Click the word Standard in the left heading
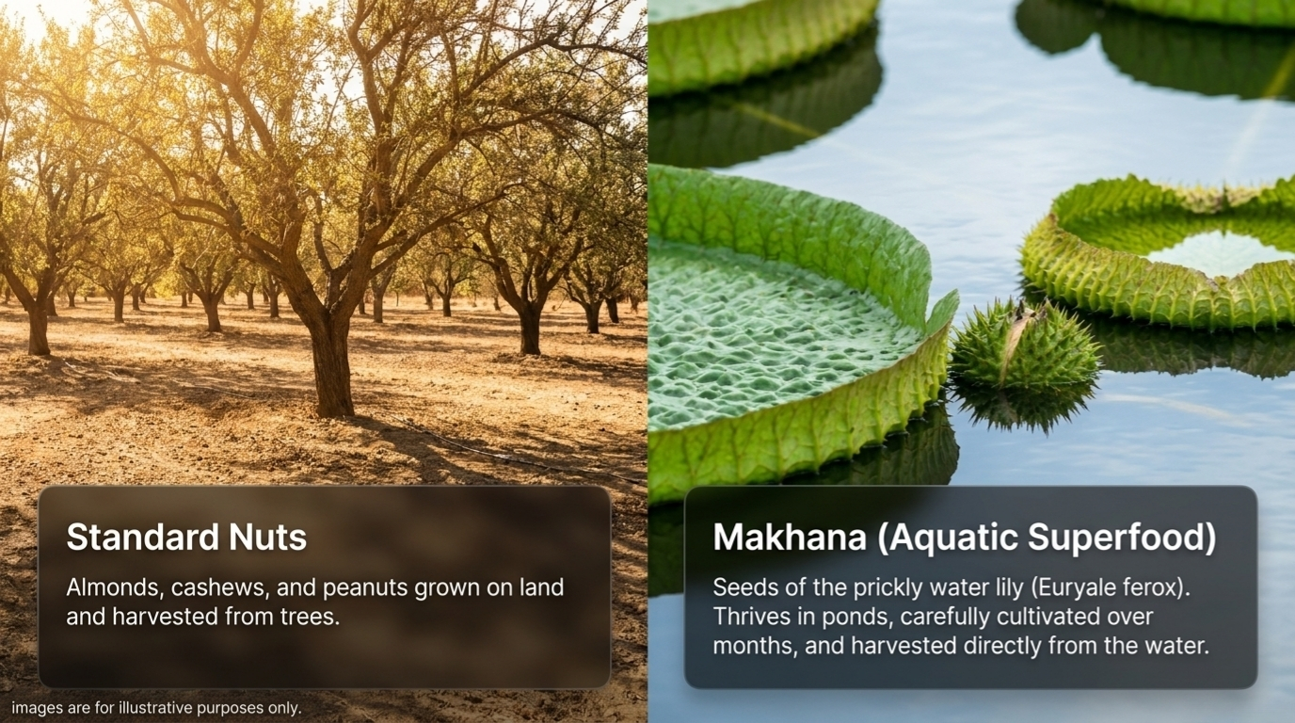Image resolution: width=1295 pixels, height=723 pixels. [143, 537]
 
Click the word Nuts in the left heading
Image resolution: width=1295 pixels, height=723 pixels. [267, 537]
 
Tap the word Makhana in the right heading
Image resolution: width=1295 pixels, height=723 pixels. [790, 537]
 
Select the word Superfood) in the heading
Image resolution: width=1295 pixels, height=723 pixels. [1122, 538]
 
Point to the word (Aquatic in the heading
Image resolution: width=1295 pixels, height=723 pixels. [948, 538]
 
